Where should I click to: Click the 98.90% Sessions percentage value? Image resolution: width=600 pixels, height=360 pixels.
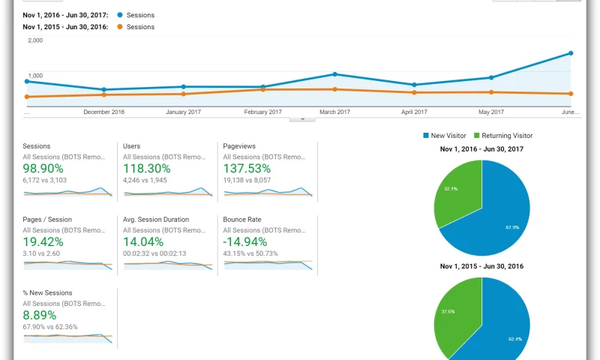click(x=43, y=169)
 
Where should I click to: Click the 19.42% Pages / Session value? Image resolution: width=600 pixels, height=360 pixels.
click(x=43, y=241)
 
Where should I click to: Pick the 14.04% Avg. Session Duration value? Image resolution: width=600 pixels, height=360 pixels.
click(x=143, y=241)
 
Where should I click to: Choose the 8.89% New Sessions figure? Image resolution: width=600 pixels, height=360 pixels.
click(x=39, y=315)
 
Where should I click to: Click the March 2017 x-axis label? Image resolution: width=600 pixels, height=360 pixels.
click(x=334, y=112)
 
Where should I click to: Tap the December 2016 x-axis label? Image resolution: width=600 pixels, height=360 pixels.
click(x=104, y=112)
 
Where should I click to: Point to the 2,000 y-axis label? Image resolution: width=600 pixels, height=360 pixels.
click(x=35, y=40)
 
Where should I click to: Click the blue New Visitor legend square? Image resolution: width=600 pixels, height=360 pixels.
click(x=426, y=136)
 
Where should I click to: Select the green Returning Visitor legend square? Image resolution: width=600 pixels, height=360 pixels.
click(x=476, y=136)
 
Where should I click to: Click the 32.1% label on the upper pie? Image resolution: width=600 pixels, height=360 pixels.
click(x=450, y=188)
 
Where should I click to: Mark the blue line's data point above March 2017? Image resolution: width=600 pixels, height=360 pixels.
click(x=334, y=74)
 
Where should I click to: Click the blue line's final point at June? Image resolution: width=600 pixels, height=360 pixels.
click(x=571, y=53)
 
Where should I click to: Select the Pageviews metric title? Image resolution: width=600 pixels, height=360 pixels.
click(x=240, y=146)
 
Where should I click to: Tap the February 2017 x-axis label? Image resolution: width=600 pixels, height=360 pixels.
click(x=263, y=112)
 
